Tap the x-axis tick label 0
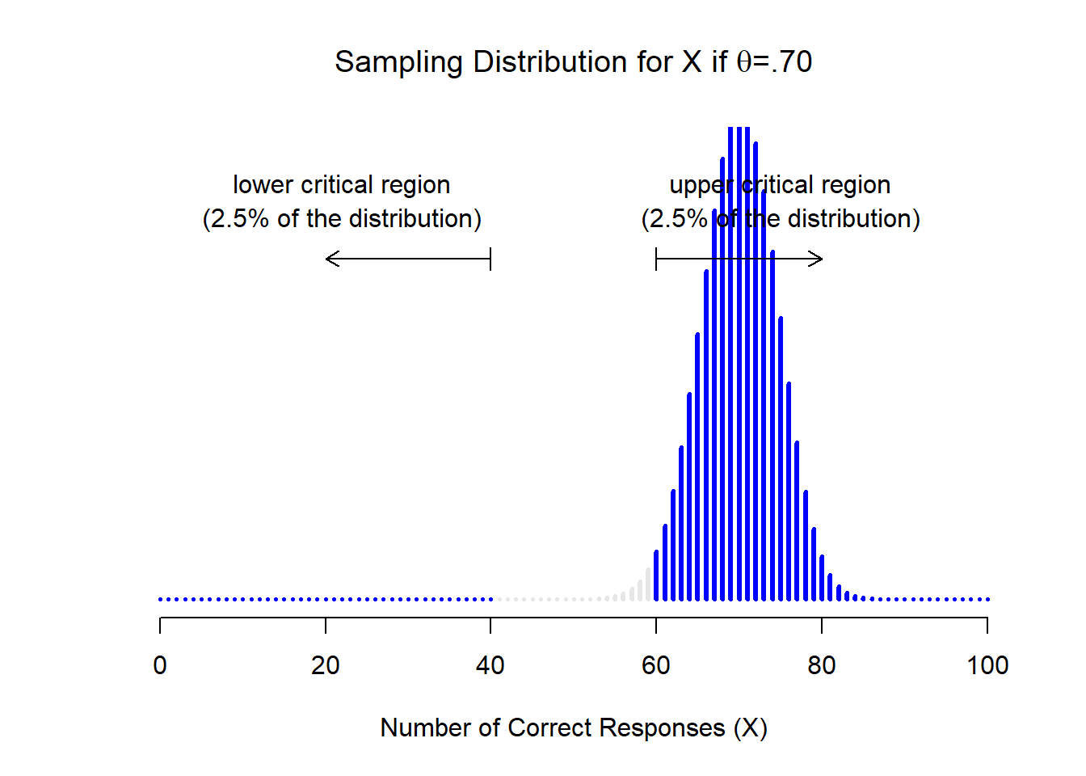tap(160, 665)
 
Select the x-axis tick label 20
tap(326, 665)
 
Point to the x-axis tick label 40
tap(490, 665)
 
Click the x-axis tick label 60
tap(656, 665)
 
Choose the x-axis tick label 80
tap(821, 665)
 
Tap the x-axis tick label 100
tap(987, 665)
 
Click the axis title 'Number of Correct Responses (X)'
tap(574, 727)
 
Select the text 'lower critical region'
tap(341, 185)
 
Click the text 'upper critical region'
tap(780, 185)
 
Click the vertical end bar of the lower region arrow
tap(490, 259)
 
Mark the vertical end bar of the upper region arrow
tap(656, 259)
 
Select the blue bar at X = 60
tap(656, 576)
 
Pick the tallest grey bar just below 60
tap(648, 584)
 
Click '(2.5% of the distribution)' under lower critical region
tap(341, 219)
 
